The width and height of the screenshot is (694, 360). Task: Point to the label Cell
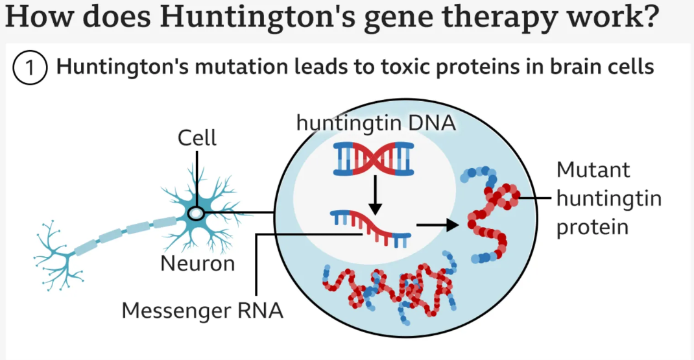[197, 138]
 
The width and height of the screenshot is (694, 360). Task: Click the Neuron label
[197, 263]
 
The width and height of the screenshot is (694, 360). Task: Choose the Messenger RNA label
[203, 310]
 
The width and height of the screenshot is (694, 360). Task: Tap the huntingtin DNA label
[376, 123]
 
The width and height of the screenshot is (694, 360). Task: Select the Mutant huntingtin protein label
[608, 198]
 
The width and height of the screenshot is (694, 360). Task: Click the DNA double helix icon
[374, 160]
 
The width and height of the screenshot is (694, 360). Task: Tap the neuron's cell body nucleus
[195, 213]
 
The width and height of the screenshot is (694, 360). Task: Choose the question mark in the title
[649, 17]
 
